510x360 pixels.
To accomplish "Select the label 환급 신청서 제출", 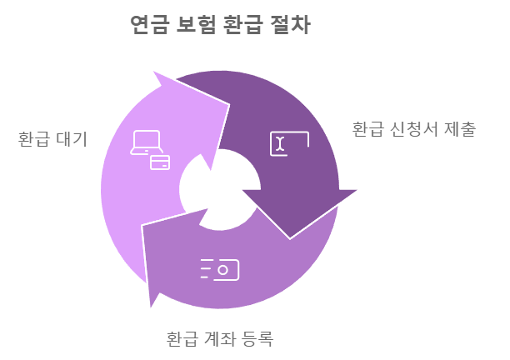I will coord(413,129).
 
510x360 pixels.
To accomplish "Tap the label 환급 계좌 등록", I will coord(220,339).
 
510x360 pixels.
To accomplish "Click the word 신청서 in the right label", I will coord(414,129).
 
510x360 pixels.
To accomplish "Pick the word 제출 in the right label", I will coord(460,129).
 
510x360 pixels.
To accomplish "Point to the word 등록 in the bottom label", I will coord(257,339).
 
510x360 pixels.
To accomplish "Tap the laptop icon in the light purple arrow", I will coord(146,142).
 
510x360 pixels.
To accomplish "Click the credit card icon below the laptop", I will coord(160,162).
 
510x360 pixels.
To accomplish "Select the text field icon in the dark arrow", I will coord(288,143).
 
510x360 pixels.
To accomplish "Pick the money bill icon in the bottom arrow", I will coord(220,269).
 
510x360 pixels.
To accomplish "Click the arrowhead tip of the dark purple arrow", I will coord(290,237).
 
